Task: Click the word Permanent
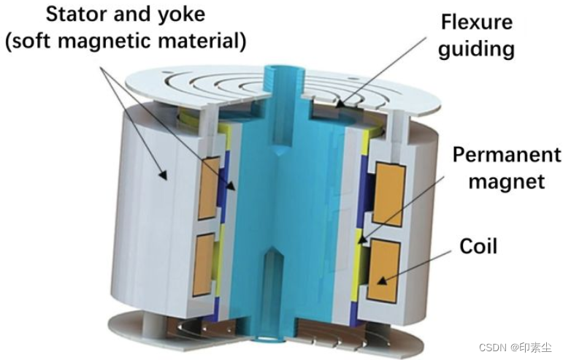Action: [507, 155]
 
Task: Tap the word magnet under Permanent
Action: [507, 180]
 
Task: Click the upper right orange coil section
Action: [388, 194]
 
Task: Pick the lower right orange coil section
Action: [383, 270]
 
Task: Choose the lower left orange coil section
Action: [204, 264]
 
